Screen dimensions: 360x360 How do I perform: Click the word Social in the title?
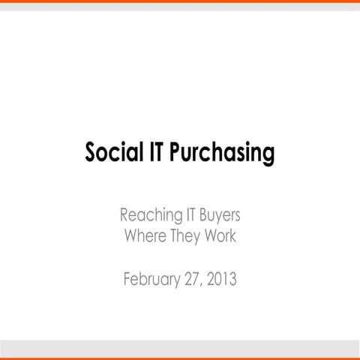[x=111, y=154]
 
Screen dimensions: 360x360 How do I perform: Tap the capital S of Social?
[x=92, y=154]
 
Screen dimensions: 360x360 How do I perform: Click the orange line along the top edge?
[x=180, y=1]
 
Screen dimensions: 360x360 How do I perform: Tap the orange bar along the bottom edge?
[x=180, y=358]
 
